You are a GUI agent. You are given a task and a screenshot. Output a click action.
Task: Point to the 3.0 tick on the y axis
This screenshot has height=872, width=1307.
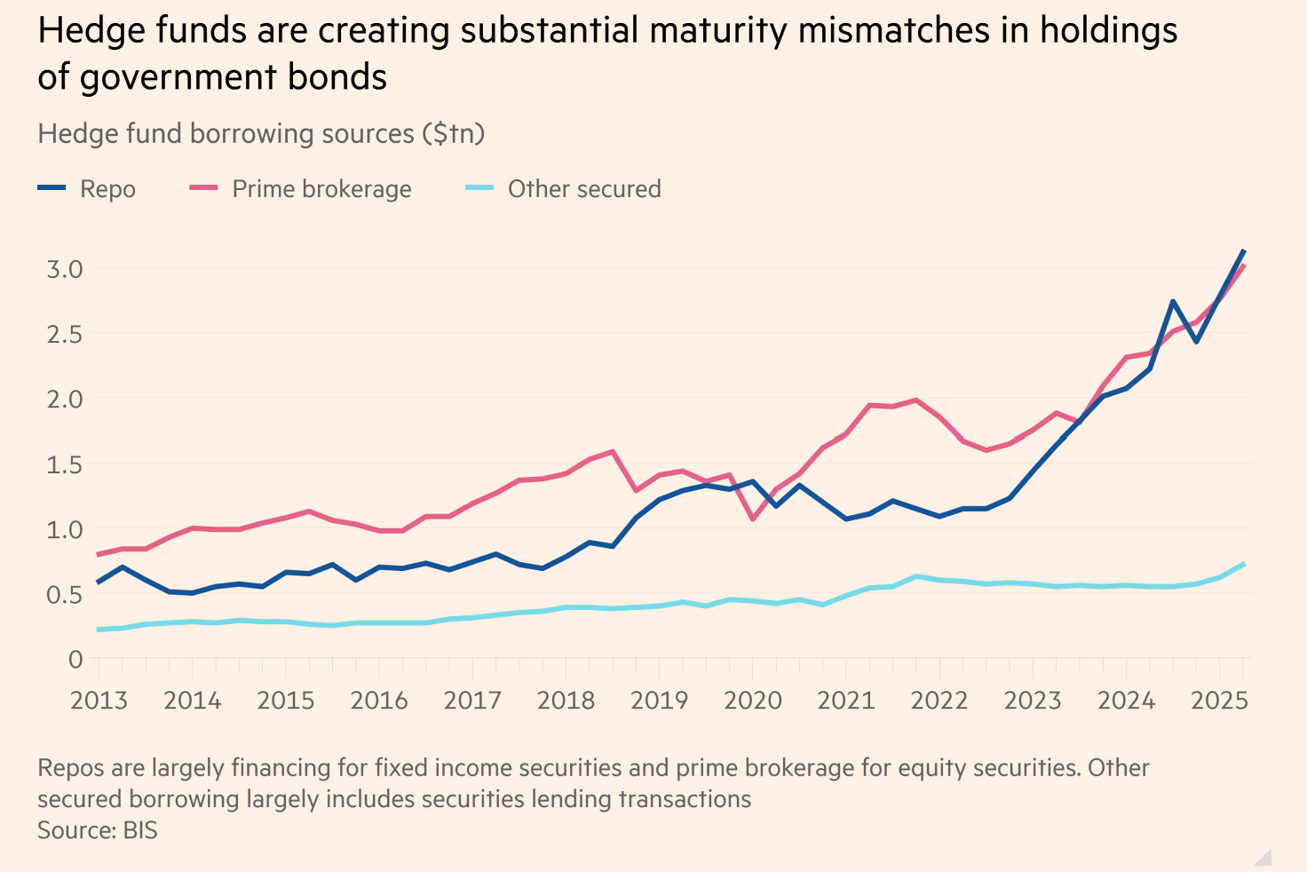tap(64, 269)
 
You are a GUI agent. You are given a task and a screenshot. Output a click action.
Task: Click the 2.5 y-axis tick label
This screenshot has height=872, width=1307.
tap(64, 335)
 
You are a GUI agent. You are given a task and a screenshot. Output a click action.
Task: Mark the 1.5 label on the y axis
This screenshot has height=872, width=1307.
tap(64, 464)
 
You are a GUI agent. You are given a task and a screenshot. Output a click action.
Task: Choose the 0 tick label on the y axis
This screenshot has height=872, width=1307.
tap(75, 660)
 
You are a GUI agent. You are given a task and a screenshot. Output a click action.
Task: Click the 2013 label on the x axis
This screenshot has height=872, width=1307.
tap(99, 701)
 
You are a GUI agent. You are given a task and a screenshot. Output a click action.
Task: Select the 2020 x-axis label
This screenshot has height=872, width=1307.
tap(752, 701)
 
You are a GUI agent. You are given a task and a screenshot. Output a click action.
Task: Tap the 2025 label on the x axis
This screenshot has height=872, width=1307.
tap(1219, 701)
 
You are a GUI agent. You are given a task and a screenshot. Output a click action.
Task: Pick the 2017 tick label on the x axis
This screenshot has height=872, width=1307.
tap(472, 701)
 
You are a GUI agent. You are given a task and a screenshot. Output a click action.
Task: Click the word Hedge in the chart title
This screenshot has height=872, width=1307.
tap(85, 31)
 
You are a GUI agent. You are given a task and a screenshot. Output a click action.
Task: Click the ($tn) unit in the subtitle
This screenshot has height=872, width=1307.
tap(453, 134)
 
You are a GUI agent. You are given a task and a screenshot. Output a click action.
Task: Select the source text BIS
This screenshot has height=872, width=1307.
tap(139, 831)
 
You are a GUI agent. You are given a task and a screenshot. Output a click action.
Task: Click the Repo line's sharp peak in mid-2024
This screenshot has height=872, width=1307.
tap(1173, 302)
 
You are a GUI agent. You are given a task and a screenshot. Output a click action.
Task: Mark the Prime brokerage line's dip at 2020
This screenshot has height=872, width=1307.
tap(753, 519)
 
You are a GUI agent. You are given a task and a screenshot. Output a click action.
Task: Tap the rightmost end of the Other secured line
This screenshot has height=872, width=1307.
tap(1243, 564)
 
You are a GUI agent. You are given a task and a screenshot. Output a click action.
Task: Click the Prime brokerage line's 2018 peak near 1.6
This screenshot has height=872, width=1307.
tap(613, 451)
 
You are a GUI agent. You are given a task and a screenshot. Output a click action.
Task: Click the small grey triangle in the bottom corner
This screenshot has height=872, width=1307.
tap(1264, 858)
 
